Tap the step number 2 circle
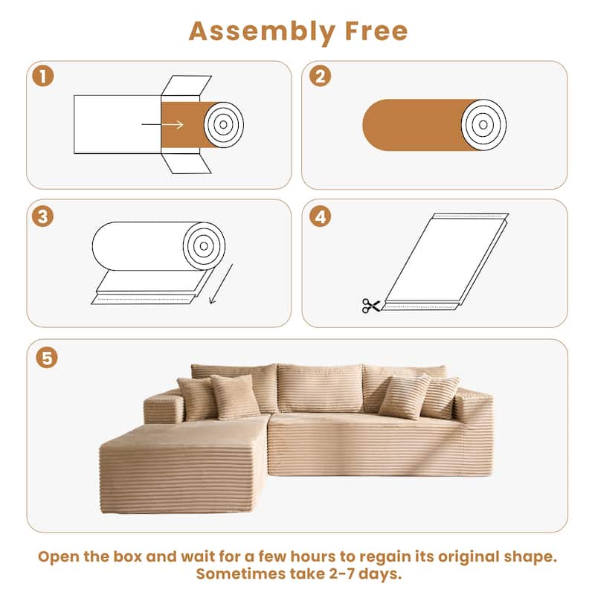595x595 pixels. tap(320, 76)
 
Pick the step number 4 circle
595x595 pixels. tap(320, 216)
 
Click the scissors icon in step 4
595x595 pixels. tap(370, 305)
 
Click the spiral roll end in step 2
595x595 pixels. tap(483, 123)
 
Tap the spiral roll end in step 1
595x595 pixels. tap(223, 123)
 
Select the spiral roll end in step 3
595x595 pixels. tap(205, 245)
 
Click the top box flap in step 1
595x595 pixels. tap(186, 86)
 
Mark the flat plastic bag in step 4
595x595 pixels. tap(446, 260)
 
